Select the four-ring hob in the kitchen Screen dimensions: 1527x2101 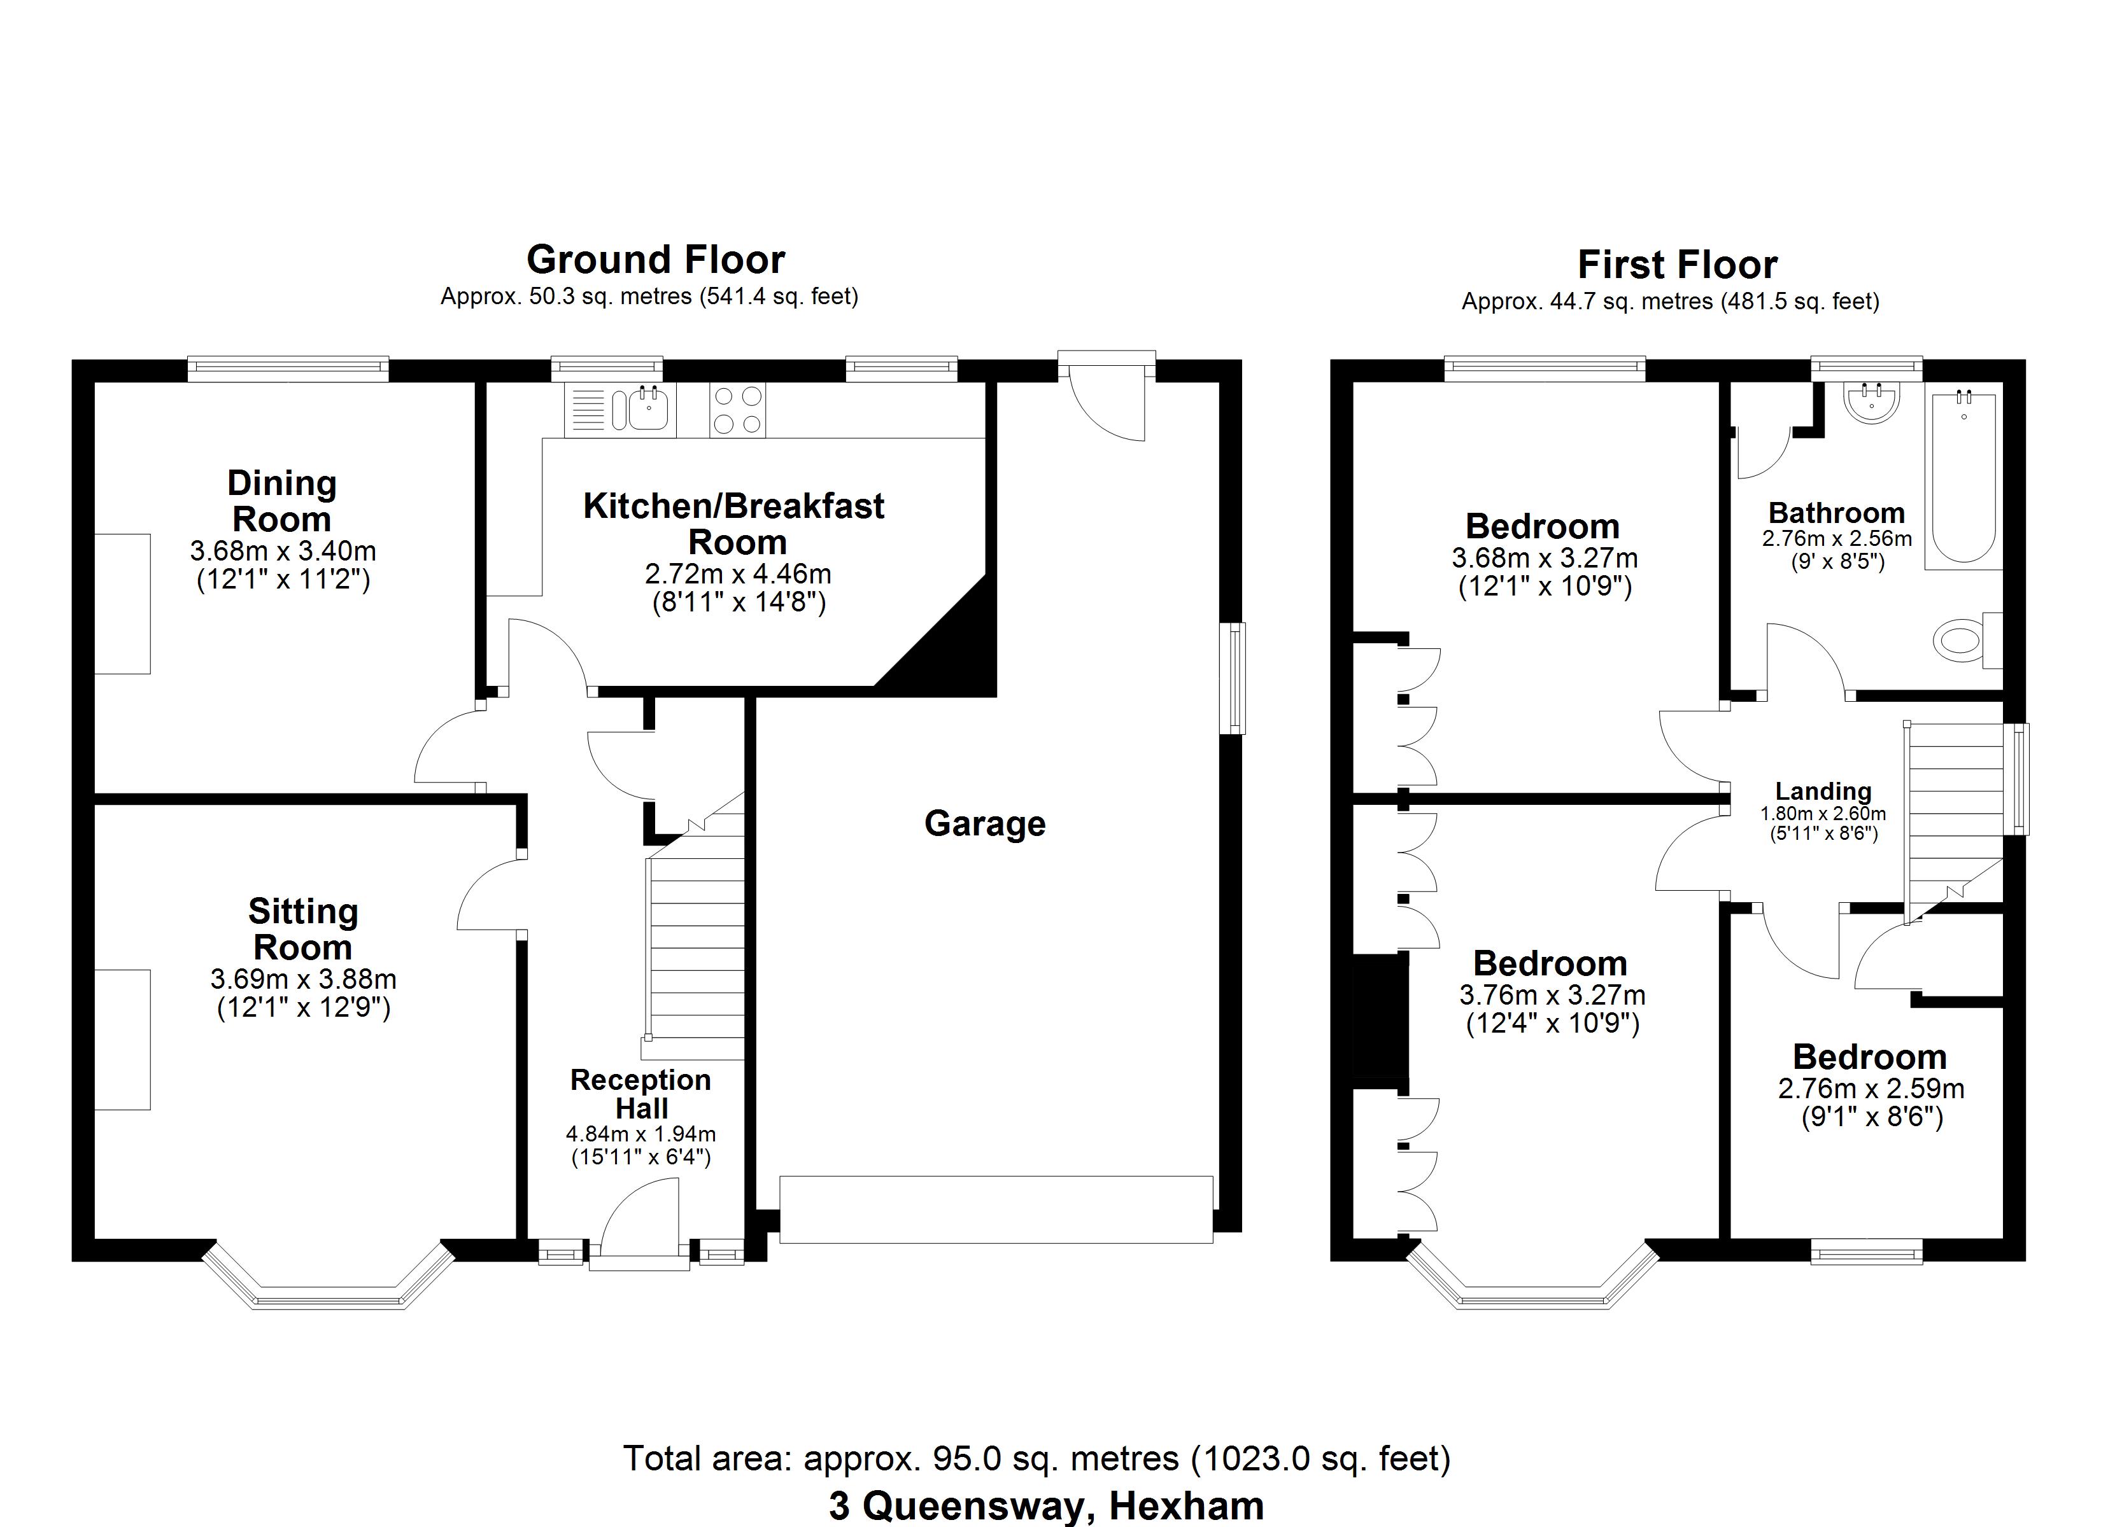pyautogui.click(x=737, y=409)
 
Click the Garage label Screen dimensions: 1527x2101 pyautogui.click(x=985, y=823)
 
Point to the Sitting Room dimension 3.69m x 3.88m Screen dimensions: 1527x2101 pyautogui.click(x=303, y=979)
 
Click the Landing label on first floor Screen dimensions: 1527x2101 pyautogui.click(x=1823, y=791)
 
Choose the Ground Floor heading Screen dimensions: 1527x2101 pyautogui.click(x=656, y=260)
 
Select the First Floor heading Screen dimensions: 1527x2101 pyautogui.click(x=1677, y=265)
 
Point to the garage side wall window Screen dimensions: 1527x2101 pyautogui.click(x=1233, y=679)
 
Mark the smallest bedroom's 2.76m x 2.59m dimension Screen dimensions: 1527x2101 pyautogui.click(x=1871, y=1089)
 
